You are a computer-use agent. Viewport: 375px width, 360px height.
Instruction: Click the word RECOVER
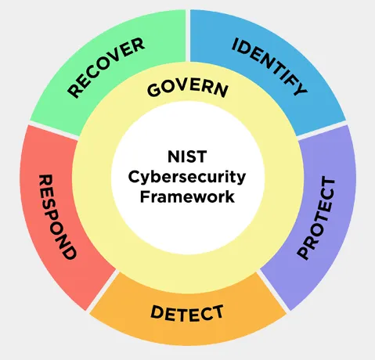click(106, 68)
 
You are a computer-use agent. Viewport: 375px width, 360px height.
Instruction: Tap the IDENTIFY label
click(269, 67)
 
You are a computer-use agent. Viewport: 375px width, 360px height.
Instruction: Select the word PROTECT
click(316, 218)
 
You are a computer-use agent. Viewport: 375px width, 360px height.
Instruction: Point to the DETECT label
click(187, 313)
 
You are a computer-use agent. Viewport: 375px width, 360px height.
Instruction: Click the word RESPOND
click(57, 217)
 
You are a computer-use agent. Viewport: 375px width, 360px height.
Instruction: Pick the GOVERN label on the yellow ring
click(188, 89)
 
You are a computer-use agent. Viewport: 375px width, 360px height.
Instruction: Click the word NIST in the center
click(187, 157)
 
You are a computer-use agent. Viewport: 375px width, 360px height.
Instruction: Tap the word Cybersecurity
click(187, 178)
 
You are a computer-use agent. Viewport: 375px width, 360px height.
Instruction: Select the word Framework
click(187, 196)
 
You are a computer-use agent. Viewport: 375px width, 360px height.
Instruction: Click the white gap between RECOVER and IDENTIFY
click(188, 36)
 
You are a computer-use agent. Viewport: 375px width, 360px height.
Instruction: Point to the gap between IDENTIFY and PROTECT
click(322, 130)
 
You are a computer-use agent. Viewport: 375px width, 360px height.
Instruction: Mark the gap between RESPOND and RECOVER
click(53, 129)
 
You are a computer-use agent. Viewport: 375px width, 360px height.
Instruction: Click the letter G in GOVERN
click(153, 91)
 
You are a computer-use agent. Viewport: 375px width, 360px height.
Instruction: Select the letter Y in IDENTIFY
click(301, 88)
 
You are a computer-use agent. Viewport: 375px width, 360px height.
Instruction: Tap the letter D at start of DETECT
click(157, 311)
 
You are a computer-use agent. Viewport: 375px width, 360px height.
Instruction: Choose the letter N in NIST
click(173, 157)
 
